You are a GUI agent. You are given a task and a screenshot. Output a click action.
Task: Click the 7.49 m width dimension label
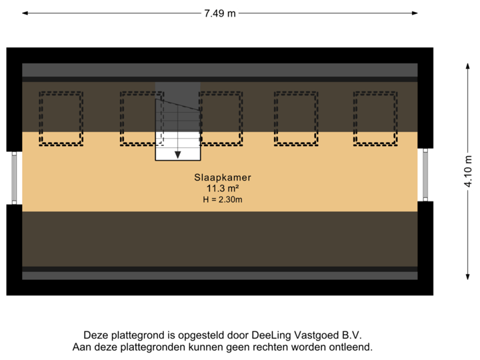coord(220,13)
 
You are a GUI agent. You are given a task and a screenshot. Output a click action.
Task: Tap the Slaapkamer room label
coord(222,178)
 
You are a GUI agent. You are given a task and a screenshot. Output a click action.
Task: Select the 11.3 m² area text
coord(222,189)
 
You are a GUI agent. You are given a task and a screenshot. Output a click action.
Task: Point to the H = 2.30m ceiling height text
coord(222,199)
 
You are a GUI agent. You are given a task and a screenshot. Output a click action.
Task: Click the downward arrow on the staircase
coord(178,154)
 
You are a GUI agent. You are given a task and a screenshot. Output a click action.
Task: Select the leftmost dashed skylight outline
coord(61,118)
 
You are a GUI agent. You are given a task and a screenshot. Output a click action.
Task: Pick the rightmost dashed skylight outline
coord(375,118)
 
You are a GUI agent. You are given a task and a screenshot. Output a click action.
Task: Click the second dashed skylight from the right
coord(295,118)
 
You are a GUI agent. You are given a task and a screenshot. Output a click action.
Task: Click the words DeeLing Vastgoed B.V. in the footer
coord(317,335)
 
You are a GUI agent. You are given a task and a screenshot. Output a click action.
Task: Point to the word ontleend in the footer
coord(352,347)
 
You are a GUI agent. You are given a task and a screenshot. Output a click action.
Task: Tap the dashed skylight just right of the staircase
coord(221,118)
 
